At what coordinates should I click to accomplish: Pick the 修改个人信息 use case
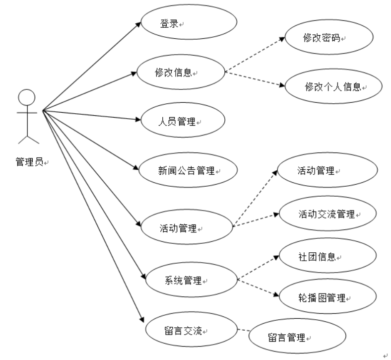click(x=326, y=87)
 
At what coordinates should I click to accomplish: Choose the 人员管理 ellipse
click(x=183, y=121)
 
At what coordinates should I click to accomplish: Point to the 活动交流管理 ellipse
click(x=327, y=214)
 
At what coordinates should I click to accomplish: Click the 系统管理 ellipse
click(x=190, y=281)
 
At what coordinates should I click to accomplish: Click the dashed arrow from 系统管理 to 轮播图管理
click(x=258, y=288)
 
